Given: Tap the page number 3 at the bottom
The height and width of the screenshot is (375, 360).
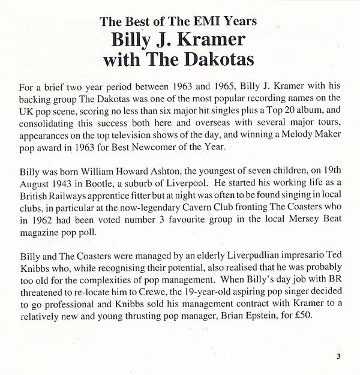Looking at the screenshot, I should (x=338, y=358).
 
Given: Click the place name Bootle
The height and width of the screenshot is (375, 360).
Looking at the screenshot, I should (x=113, y=185).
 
